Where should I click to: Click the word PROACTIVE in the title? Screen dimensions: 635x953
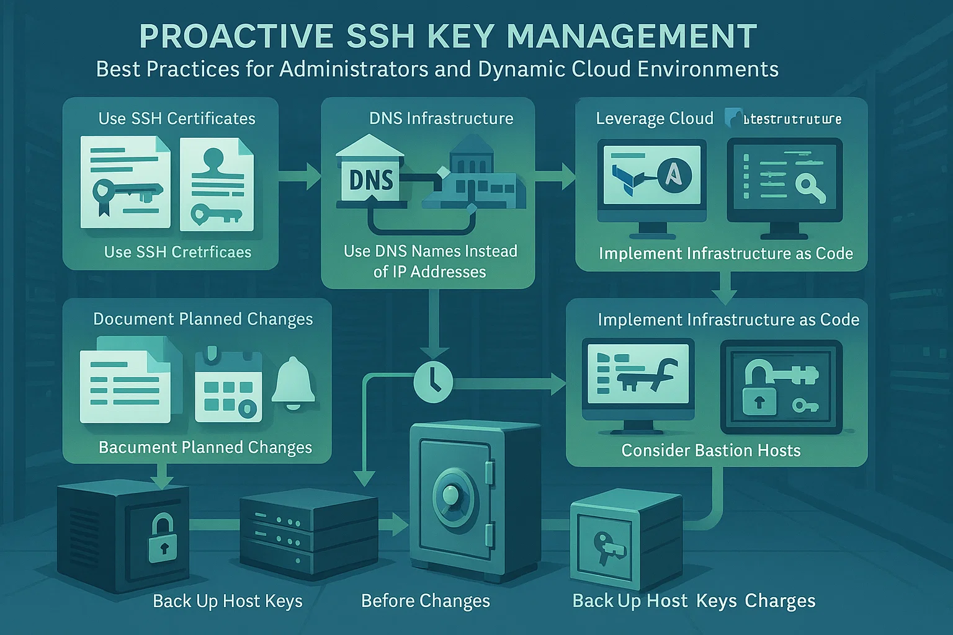pyautogui.click(x=236, y=36)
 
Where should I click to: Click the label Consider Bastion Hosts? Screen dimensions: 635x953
pyautogui.click(x=711, y=450)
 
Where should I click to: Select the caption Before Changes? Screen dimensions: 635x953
pyautogui.click(x=425, y=600)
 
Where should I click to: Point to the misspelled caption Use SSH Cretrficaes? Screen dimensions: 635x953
pyautogui.click(x=177, y=252)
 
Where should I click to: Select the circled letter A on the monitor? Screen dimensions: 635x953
pyautogui.click(x=673, y=174)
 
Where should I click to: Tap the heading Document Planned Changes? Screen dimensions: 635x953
pyautogui.click(x=203, y=319)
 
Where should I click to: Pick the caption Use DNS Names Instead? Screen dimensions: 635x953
pyautogui.click(x=430, y=251)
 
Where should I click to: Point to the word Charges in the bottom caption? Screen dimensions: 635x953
pyautogui.click(x=780, y=600)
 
